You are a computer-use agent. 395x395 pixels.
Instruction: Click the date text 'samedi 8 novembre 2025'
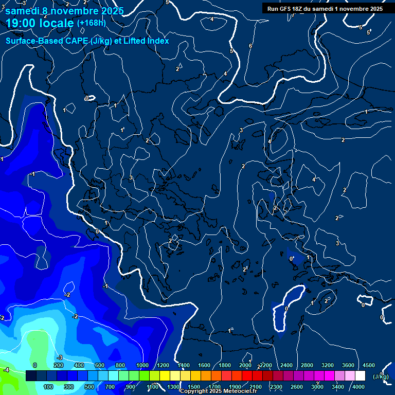click(x=64, y=11)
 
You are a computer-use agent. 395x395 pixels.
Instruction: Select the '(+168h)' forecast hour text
click(x=92, y=23)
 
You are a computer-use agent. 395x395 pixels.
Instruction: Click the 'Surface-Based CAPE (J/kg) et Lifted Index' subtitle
click(x=87, y=41)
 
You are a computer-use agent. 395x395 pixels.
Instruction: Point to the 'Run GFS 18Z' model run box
click(x=325, y=8)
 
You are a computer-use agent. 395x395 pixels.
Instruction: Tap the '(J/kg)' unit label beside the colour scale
click(x=381, y=376)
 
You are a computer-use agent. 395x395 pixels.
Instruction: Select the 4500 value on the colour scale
click(x=369, y=365)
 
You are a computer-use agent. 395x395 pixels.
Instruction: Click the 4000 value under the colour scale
click(x=358, y=387)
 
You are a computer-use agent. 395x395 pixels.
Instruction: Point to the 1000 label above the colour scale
click(x=142, y=365)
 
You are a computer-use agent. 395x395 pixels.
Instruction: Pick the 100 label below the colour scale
click(x=48, y=387)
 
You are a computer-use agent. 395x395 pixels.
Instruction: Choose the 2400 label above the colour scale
click(x=286, y=365)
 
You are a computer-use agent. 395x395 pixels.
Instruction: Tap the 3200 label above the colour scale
click(x=328, y=365)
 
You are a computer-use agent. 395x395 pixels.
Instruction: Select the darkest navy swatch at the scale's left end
click(x=31, y=376)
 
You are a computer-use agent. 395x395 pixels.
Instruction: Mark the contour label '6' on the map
click(x=250, y=46)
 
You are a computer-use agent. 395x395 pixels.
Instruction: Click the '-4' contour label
click(x=6, y=370)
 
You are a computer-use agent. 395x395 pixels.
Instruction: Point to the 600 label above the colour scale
click(x=100, y=365)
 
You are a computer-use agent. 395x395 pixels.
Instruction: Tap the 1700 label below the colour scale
click(x=214, y=387)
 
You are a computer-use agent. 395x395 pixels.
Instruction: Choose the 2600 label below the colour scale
click(x=297, y=387)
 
